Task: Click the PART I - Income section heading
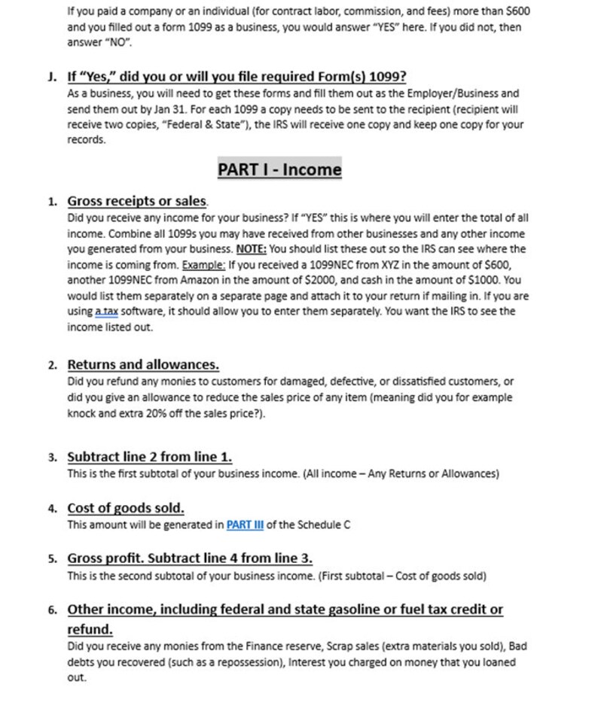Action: click(x=279, y=169)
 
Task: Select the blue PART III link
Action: click(x=244, y=525)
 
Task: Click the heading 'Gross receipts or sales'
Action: click(x=136, y=201)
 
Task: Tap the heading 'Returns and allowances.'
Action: click(x=143, y=365)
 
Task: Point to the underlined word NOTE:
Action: click(x=251, y=248)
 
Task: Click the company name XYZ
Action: click(x=390, y=264)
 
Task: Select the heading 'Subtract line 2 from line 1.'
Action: click(x=150, y=457)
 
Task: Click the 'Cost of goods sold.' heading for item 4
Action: click(x=126, y=508)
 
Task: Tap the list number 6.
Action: click(x=52, y=610)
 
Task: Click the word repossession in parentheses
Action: click(x=247, y=662)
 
